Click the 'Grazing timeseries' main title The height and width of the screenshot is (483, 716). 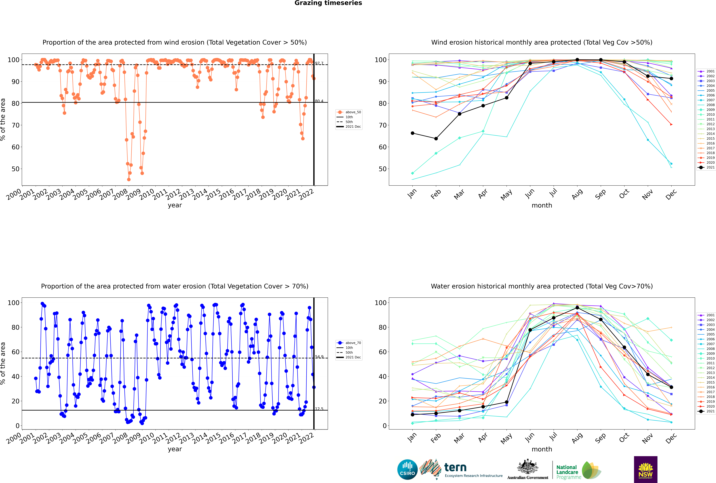[x=328, y=3]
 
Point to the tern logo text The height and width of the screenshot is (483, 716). [x=455, y=468]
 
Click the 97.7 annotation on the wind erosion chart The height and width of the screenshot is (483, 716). [x=319, y=63]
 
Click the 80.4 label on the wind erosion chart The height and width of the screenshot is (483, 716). [x=319, y=101]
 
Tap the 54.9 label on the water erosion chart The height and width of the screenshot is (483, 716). [x=319, y=357]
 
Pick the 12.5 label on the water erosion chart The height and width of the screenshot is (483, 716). [x=319, y=409]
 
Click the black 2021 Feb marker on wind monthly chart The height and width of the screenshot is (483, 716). [x=436, y=139]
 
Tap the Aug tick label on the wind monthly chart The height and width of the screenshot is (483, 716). [x=577, y=194]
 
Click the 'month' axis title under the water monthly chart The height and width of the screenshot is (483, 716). [x=542, y=449]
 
